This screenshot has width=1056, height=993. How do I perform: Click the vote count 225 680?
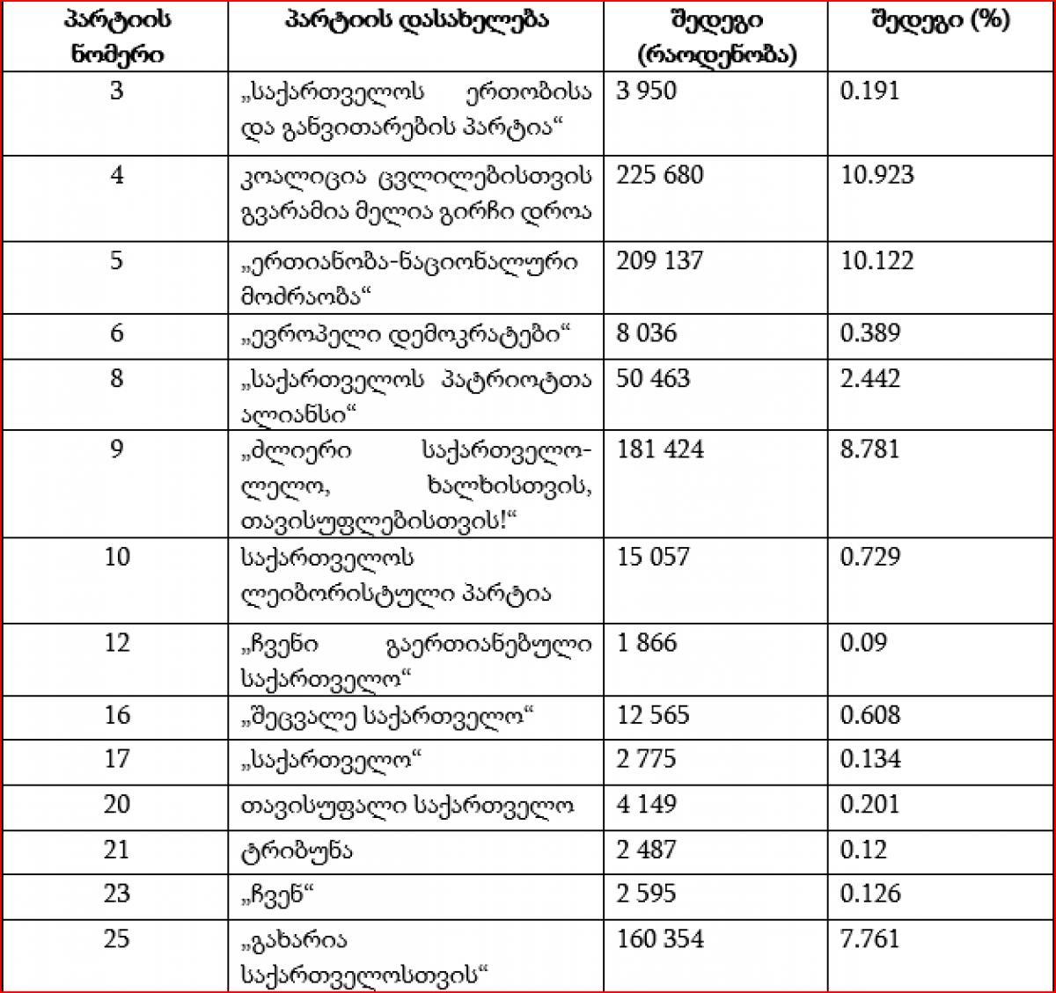(660, 175)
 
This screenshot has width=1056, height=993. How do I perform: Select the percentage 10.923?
(877, 175)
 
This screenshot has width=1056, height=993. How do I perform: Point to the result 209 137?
(660, 261)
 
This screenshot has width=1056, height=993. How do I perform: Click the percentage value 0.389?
(870, 333)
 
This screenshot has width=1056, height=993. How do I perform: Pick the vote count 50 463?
(653, 379)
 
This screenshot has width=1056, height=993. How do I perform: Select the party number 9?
(117, 449)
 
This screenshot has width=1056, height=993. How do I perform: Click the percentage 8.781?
(870, 449)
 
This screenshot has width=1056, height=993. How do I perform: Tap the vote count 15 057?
(653, 557)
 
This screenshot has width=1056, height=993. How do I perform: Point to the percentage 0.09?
(863, 643)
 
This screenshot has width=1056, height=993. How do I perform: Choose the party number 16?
(117, 715)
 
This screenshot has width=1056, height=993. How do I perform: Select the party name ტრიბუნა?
(284, 851)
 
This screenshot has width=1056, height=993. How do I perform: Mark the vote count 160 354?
(660, 939)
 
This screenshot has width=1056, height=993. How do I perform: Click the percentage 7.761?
(870, 939)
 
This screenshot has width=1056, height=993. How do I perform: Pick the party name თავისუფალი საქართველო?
(407, 805)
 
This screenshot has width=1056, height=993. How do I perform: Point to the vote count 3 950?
(646, 91)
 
